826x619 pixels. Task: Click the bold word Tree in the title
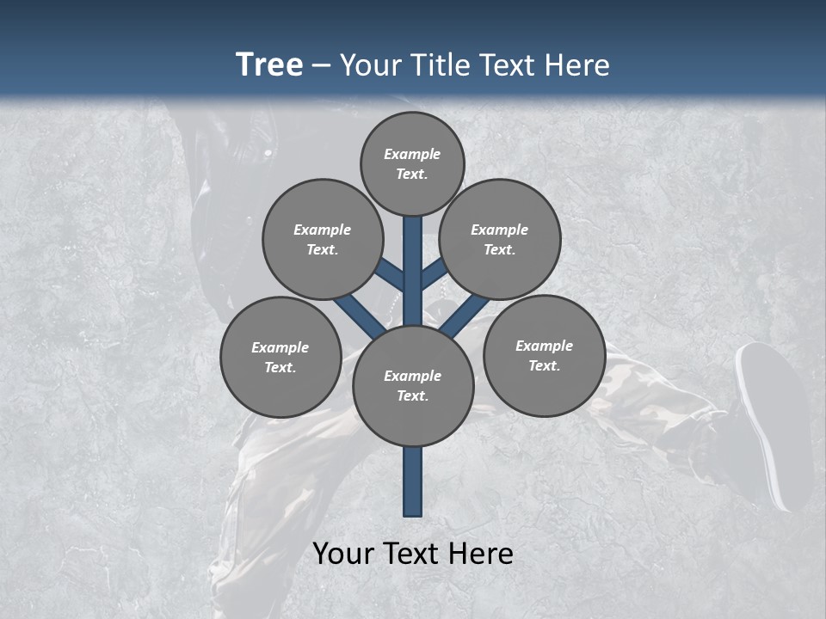click(269, 64)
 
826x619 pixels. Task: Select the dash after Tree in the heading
click(320, 65)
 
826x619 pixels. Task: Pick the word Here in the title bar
click(577, 64)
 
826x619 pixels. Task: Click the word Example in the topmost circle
click(412, 155)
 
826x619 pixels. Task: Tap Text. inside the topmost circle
click(412, 174)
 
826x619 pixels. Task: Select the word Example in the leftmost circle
click(280, 348)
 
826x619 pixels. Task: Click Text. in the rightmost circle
click(544, 365)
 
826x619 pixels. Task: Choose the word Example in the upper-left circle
click(322, 230)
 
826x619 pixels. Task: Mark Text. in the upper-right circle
click(499, 249)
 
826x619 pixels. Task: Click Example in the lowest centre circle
click(412, 376)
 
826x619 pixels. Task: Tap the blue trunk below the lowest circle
click(413, 481)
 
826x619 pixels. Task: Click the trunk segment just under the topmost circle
click(413, 236)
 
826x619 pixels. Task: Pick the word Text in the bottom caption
click(414, 554)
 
